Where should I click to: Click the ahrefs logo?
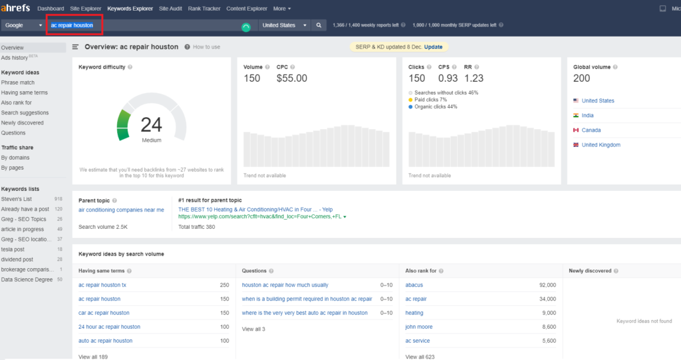pyautogui.click(x=16, y=8)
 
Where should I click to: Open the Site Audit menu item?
pyautogui.click(x=170, y=8)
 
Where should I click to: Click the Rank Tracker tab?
pyautogui.click(x=204, y=8)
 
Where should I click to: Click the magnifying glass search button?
pyautogui.click(x=319, y=25)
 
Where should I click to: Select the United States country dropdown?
pyautogui.click(x=285, y=25)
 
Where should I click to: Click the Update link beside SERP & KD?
pyautogui.click(x=433, y=47)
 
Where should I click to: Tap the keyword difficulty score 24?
pyautogui.click(x=151, y=125)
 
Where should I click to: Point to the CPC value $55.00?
pyautogui.click(x=292, y=79)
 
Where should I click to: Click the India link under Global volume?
pyautogui.click(x=588, y=115)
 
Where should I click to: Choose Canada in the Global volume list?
pyautogui.click(x=591, y=130)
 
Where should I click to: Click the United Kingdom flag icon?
pyautogui.click(x=576, y=145)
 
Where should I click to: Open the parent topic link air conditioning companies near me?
pyautogui.click(x=121, y=210)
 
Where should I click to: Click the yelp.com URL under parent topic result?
pyautogui.click(x=260, y=216)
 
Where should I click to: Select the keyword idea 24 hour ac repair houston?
pyautogui.click(x=110, y=327)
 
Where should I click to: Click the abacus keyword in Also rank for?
pyautogui.click(x=414, y=285)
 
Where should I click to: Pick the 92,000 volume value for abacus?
pyautogui.click(x=548, y=285)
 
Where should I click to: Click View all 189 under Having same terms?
pyautogui.click(x=93, y=357)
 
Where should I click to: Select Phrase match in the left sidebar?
pyautogui.click(x=18, y=83)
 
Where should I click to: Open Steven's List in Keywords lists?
pyautogui.click(x=17, y=199)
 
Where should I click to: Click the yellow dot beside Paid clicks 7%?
pyautogui.click(x=410, y=100)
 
